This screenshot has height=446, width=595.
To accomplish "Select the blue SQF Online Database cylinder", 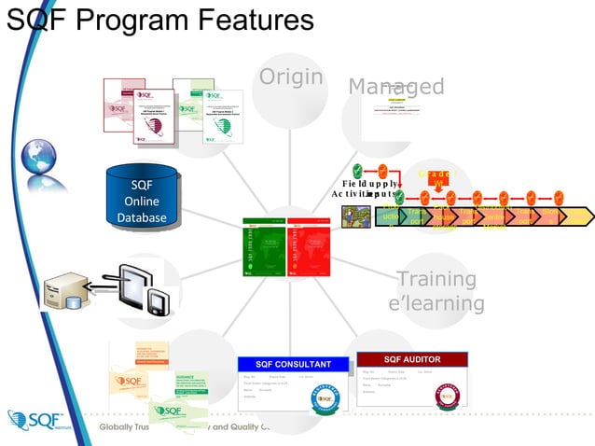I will (x=142, y=199).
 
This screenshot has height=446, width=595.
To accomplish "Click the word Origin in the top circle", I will (x=291, y=77).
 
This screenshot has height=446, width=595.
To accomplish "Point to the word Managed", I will (x=395, y=87).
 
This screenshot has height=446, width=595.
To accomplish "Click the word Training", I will (x=436, y=279).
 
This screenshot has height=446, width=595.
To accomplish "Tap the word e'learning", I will (x=436, y=303).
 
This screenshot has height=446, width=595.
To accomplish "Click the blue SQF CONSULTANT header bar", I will (x=295, y=364).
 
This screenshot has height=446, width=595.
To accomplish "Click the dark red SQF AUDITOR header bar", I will (x=411, y=359).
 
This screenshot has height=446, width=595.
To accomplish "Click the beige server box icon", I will (x=68, y=292).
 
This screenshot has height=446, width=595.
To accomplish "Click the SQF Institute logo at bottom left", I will (x=37, y=422).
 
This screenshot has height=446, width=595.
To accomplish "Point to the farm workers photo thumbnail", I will (x=356, y=216).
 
